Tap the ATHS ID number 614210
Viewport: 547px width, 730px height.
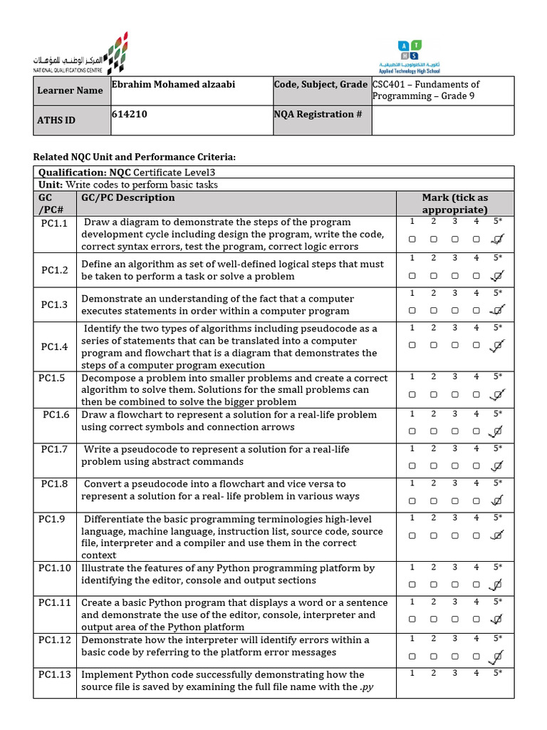click(x=130, y=114)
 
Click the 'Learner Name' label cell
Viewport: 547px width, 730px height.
click(x=70, y=91)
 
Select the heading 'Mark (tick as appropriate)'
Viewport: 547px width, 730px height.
click(x=454, y=203)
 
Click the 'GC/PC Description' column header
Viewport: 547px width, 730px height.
click(x=128, y=198)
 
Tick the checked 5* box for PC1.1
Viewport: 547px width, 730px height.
click(x=498, y=240)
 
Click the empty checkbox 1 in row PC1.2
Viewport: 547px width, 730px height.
click(x=412, y=275)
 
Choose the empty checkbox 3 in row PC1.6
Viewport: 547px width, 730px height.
click(x=454, y=431)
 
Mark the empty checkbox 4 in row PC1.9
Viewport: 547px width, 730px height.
click(x=476, y=535)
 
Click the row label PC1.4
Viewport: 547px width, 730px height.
click(x=55, y=346)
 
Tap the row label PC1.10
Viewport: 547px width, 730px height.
click(x=55, y=568)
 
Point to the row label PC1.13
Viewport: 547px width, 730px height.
click(x=55, y=674)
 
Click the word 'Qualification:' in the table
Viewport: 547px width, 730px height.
click(x=71, y=173)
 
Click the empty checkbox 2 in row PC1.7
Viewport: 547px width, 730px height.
click(x=433, y=466)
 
